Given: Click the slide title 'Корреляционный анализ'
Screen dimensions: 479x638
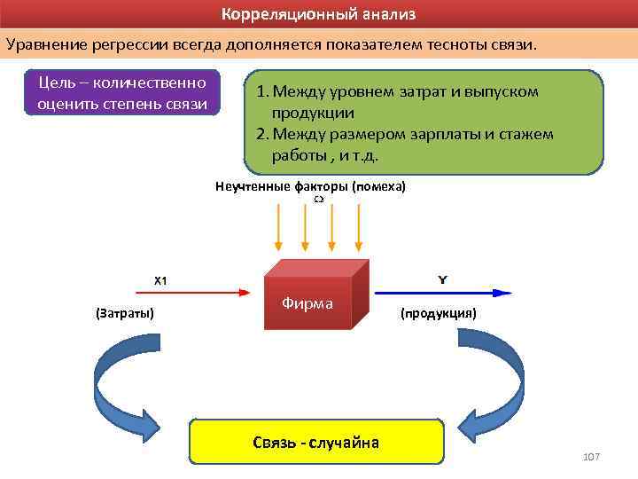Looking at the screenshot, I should point(318,15).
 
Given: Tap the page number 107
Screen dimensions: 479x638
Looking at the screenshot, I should point(591,456).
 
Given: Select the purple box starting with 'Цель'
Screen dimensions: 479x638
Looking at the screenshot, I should point(122,93).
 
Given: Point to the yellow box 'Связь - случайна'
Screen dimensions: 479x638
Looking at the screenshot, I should point(315,442).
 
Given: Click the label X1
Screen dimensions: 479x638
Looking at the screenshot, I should point(160,280).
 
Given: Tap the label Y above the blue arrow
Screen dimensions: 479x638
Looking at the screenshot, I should point(442,279).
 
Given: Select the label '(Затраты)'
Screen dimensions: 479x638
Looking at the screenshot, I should point(124,313).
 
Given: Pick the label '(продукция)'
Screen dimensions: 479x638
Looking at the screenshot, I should point(438,313).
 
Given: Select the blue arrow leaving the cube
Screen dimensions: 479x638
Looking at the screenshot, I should point(443,292).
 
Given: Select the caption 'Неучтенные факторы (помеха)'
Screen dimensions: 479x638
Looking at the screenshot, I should point(310,187).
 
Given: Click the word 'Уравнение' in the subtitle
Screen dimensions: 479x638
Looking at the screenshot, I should point(47,43).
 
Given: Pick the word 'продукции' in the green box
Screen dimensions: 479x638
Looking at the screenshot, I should point(313,113).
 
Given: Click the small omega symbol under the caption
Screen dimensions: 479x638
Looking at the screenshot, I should point(317,200).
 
